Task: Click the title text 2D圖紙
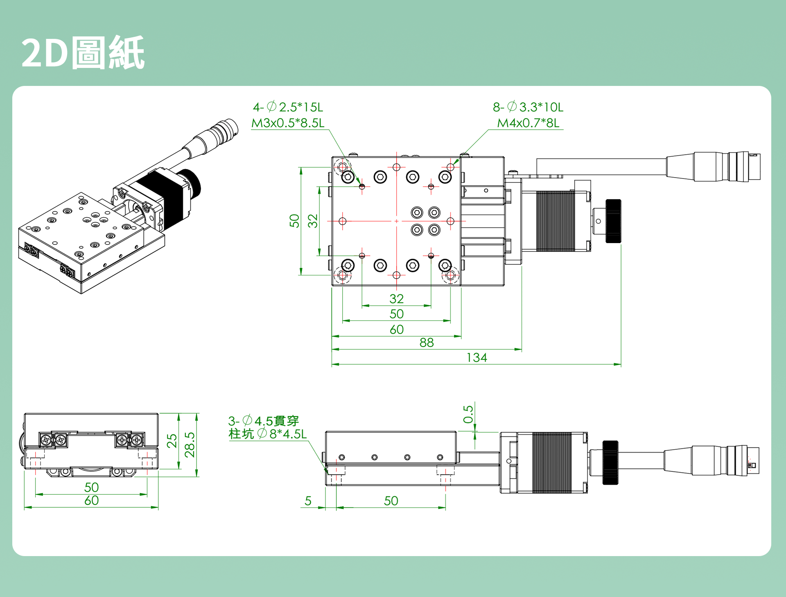click(x=83, y=53)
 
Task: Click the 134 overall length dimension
click(x=477, y=357)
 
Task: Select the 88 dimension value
click(x=426, y=342)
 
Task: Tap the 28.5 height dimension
click(x=190, y=444)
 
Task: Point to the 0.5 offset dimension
click(x=468, y=414)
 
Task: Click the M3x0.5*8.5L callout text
click(x=287, y=123)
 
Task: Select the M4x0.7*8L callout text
click(x=528, y=123)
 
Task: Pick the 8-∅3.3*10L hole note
click(x=528, y=107)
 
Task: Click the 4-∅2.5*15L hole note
click(x=288, y=107)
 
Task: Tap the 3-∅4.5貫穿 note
click(x=263, y=421)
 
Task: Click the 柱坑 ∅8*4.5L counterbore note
click(x=267, y=434)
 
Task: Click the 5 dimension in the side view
click(x=308, y=500)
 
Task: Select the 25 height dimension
click(x=172, y=441)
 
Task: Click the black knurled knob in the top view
click(x=613, y=221)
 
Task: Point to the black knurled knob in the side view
click(x=610, y=462)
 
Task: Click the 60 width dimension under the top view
click(x=396, y=329)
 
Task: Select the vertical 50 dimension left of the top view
click(x=294, y=221)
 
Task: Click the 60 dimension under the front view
click(x=91, y=500)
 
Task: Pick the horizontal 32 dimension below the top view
click(x=396, y=298)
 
